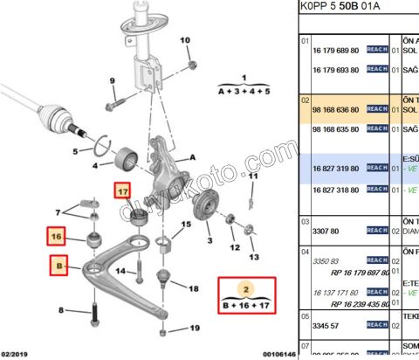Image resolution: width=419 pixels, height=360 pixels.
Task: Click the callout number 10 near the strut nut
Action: point(184,40)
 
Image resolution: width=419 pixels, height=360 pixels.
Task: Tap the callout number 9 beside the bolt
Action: point(113,82)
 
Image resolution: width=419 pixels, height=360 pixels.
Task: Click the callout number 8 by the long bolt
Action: point(60,311)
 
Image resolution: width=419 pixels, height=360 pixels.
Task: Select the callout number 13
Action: point(254,258)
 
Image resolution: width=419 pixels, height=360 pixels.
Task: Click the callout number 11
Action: point(253,176)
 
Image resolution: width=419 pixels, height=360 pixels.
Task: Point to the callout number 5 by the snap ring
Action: point(76,150)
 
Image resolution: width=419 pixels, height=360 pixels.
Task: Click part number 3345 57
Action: point(326,324)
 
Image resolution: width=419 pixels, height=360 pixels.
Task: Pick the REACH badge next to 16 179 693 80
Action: point(377,69)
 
